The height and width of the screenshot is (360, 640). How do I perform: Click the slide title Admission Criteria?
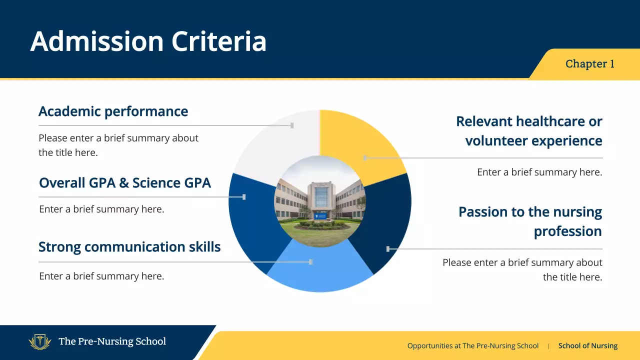(148, 41)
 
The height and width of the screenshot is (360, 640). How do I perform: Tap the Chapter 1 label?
(589, 64)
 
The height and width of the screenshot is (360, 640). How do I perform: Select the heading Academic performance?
(113, 111)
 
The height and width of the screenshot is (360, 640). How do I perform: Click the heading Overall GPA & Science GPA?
(125, 182)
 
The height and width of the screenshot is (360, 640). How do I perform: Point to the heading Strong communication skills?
(129, 246)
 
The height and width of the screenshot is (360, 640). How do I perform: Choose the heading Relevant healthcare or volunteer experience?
(529, 131)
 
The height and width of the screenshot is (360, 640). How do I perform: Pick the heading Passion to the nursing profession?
(530, 221)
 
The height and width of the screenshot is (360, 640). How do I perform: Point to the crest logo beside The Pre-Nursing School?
(40, 342)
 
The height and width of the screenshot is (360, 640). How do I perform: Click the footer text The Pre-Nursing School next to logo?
(112, 341)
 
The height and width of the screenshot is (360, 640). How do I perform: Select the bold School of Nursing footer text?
(587, 345)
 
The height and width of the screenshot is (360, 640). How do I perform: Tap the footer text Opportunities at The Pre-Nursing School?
(473, 345)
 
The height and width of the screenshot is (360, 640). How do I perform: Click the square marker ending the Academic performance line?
(292, 125)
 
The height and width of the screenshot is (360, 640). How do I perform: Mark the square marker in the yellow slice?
(365, 158)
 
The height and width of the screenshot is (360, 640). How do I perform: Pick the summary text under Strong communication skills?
(101, 276)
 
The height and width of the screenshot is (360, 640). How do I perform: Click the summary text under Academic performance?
(118, 145)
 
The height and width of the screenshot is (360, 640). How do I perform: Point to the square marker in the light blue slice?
(311, 261)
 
